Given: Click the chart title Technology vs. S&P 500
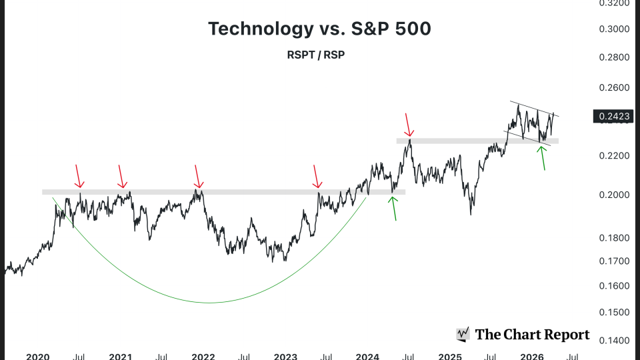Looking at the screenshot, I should [x=319, y=29].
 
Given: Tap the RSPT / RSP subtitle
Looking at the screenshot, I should [x=315, y=55].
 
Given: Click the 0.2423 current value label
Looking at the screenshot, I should [x=615, y=117].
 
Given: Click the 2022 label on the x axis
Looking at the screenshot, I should [x=203, y=357].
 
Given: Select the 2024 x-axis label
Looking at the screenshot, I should [x=367, y=357].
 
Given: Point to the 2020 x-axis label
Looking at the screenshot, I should [x=38, y=357].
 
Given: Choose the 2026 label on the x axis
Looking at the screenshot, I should [x=531, y=357].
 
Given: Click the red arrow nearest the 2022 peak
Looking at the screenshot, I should [x=197, y=177].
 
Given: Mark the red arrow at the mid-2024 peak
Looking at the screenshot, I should [x=409, y=125].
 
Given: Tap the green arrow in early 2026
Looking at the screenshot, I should [x=543, y=157].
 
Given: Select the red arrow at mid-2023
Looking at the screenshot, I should [x=317, y=177].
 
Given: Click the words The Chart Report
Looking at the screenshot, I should [x=532, y=335].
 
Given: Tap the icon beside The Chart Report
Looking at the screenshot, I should [x=463, y=335].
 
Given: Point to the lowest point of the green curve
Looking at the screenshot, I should [x=210, y=303].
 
